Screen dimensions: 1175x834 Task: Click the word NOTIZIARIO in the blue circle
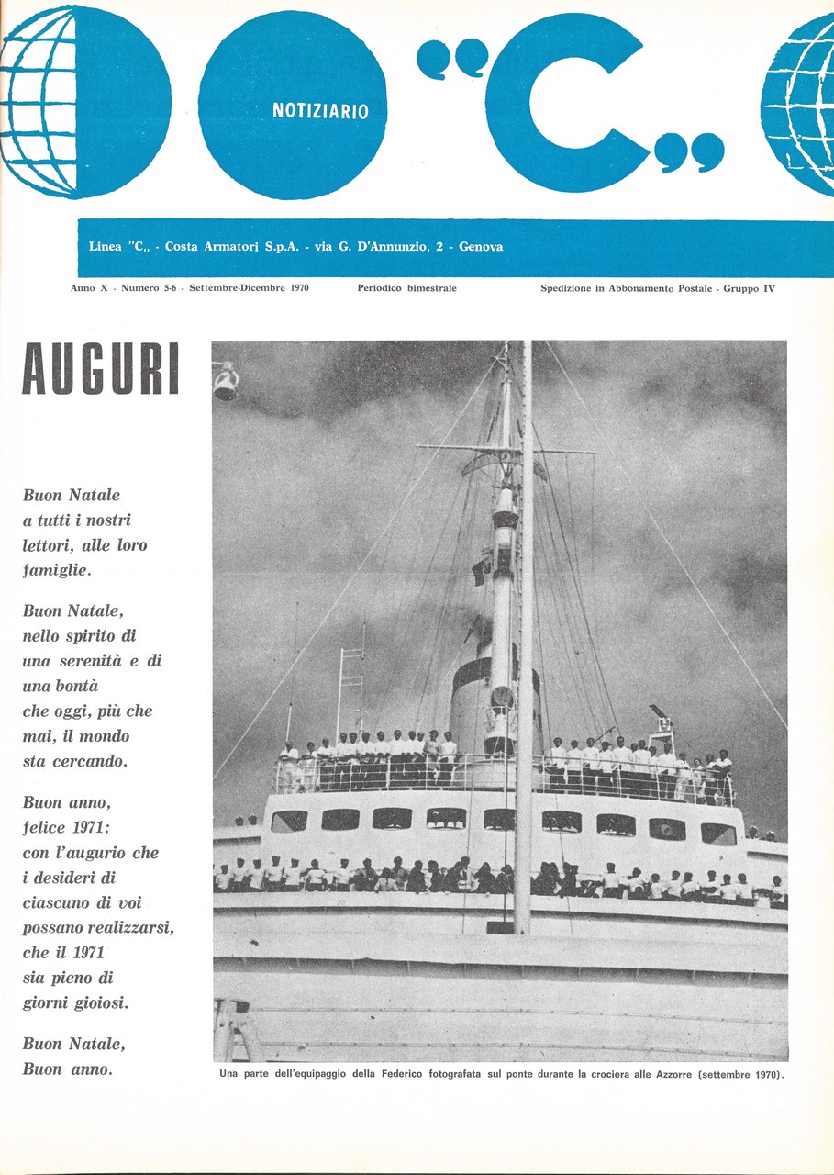tap(320, 112)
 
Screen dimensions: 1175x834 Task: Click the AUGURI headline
tap(100, 369)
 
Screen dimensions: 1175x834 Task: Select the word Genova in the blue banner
tap(481, 247)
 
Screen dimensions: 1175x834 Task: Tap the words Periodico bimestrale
tap(406, 288)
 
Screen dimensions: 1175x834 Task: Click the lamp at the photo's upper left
tap(225, 381)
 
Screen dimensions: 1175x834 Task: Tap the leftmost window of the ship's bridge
tap(288, 820)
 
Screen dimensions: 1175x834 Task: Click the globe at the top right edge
tap(800, 103)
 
